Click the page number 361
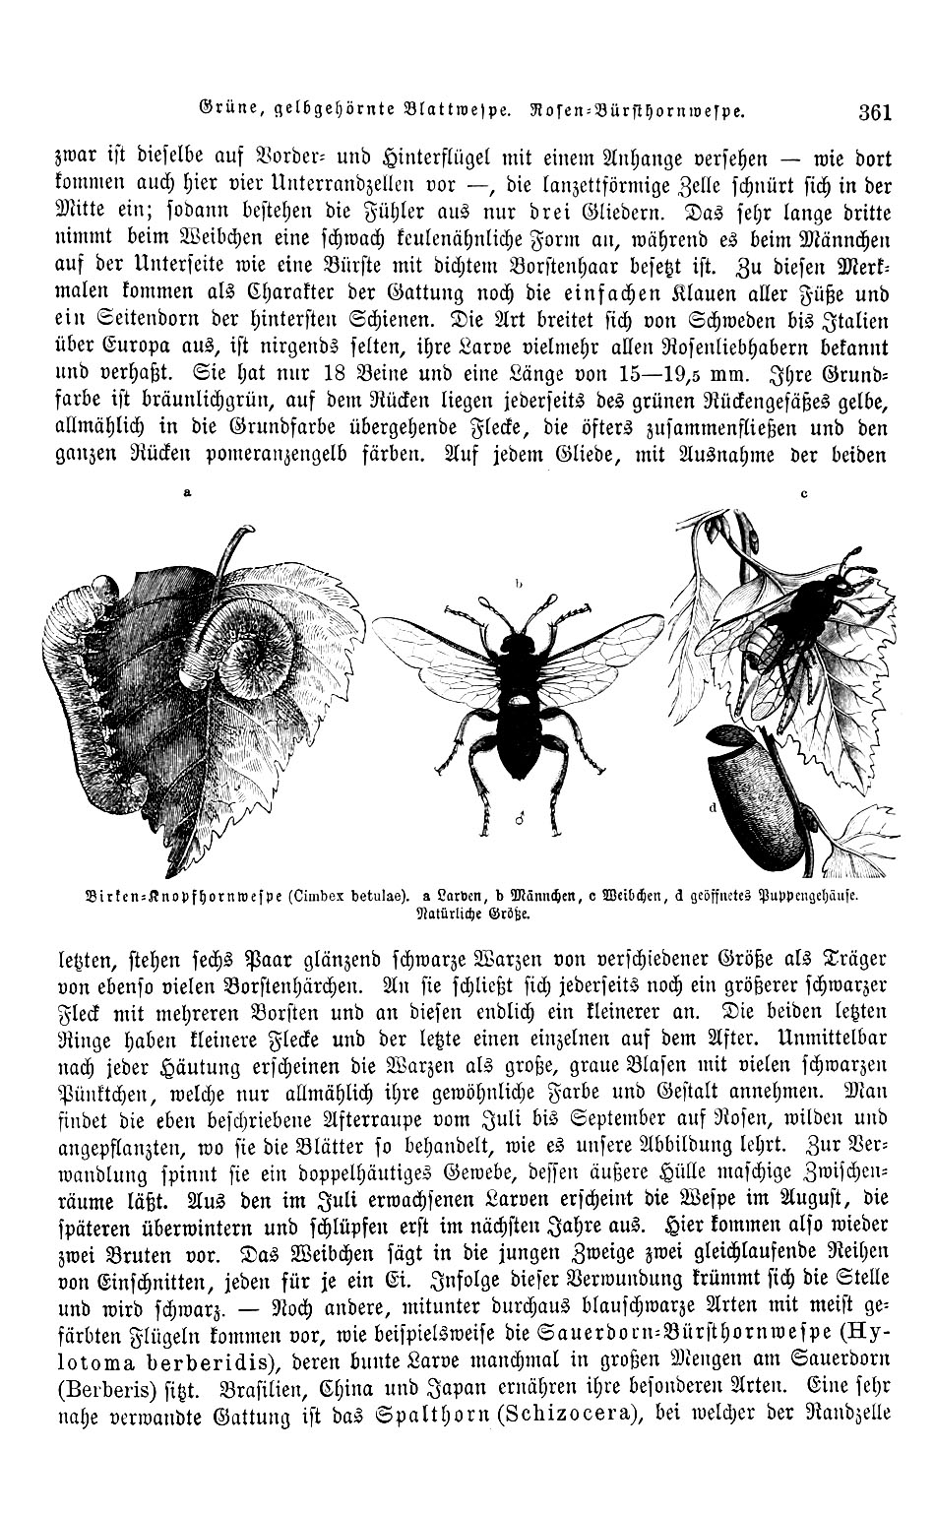point(874,111)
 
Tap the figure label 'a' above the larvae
point(187,494)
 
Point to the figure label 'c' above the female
point(803,495)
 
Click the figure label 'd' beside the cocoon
point(711,806)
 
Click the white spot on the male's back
point(519,700)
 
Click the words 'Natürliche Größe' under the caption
point(467,913)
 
